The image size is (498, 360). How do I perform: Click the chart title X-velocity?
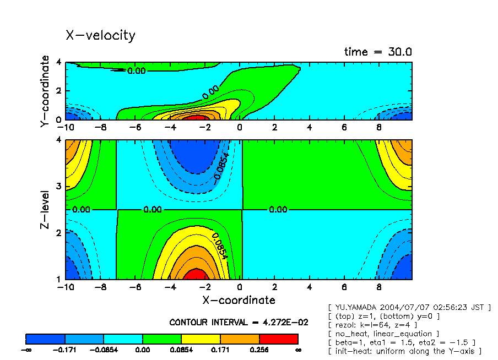coord(100,35)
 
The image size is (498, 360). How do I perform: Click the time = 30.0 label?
coord(378,52)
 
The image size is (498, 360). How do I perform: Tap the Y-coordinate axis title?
coord(45,91)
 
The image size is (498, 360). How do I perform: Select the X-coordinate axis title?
coord(239,300)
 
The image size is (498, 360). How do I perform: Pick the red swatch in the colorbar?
coord(278,339)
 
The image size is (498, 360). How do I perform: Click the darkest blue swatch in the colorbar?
coord(46,339)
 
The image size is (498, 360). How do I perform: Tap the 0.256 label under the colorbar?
coord(259,350)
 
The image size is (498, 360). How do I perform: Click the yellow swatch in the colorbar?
coord(201,339)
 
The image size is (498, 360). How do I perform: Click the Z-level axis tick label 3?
coord(59,187)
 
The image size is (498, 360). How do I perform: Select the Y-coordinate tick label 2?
coord(59,90)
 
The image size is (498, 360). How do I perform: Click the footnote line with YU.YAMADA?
coord(409,307)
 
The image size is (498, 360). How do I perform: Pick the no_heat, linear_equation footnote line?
coord(383,334)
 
